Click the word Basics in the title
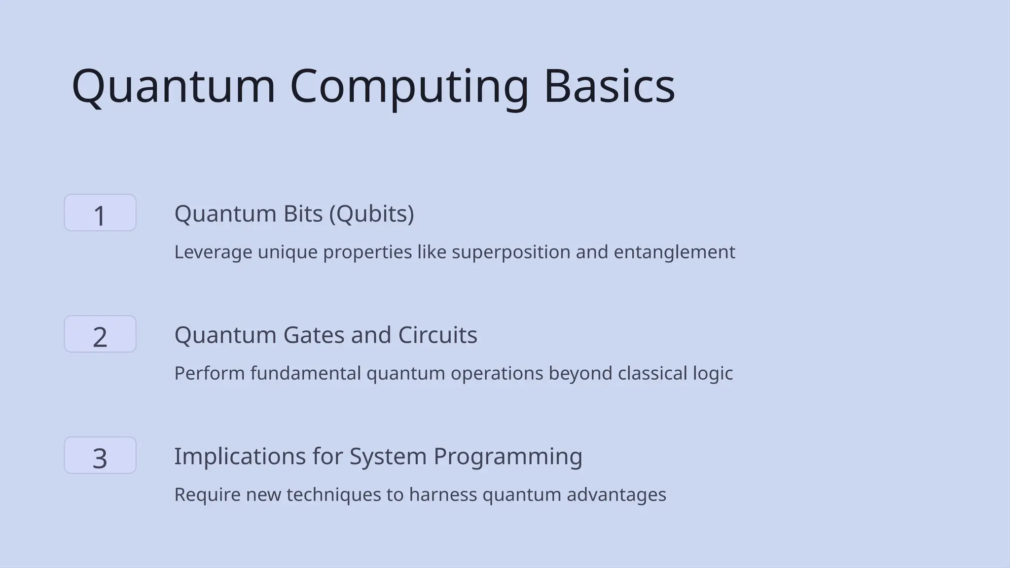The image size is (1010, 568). point(609,86)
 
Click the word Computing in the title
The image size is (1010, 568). point(409,86)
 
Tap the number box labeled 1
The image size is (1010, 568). point(100,213)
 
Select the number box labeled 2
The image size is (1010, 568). point(100,334)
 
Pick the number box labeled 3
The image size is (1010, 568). point(100,456)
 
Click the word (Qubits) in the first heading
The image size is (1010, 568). point(371,214)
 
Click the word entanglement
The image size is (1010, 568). point(674,252)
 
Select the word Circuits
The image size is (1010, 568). point(437,335)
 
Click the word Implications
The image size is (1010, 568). point(240,457)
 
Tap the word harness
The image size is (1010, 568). point(442,495)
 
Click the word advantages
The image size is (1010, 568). point(616,495)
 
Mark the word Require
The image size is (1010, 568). point(207,495)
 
